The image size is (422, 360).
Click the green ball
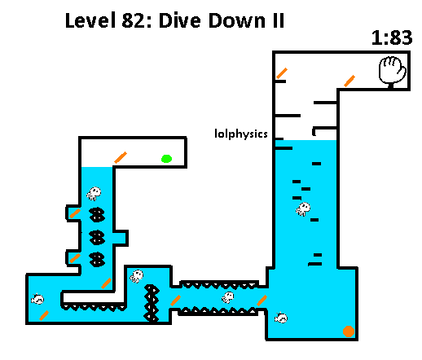(x=166, y=159)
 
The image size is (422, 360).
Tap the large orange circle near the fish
(x=349, y=331)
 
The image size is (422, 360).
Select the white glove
(x=393, y=72)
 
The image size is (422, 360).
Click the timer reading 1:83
(x=392, y=37)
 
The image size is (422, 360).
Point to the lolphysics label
(x=241, y=134)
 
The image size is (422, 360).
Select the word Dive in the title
(x=180, y=20)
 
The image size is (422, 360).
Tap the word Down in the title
(x=237, y=20)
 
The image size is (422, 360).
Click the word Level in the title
(x=90, y=20)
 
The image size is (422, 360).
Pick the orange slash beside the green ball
(x=121, y=157)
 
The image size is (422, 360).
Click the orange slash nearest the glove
(x=349, y=81)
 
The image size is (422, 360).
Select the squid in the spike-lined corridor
(x=228, y=297)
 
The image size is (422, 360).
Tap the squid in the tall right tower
(x=303, y=209)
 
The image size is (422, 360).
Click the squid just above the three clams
(x=94, y=194)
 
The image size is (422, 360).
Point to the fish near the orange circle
(x=281, y=318)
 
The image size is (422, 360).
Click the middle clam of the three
(x=97, y=237)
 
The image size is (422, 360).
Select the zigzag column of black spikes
(x=152, y=303)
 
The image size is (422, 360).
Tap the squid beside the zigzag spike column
(x=137, y=276)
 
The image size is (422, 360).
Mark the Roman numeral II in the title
(x=279, y=20)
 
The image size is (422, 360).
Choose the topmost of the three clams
(x=97, y=214)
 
